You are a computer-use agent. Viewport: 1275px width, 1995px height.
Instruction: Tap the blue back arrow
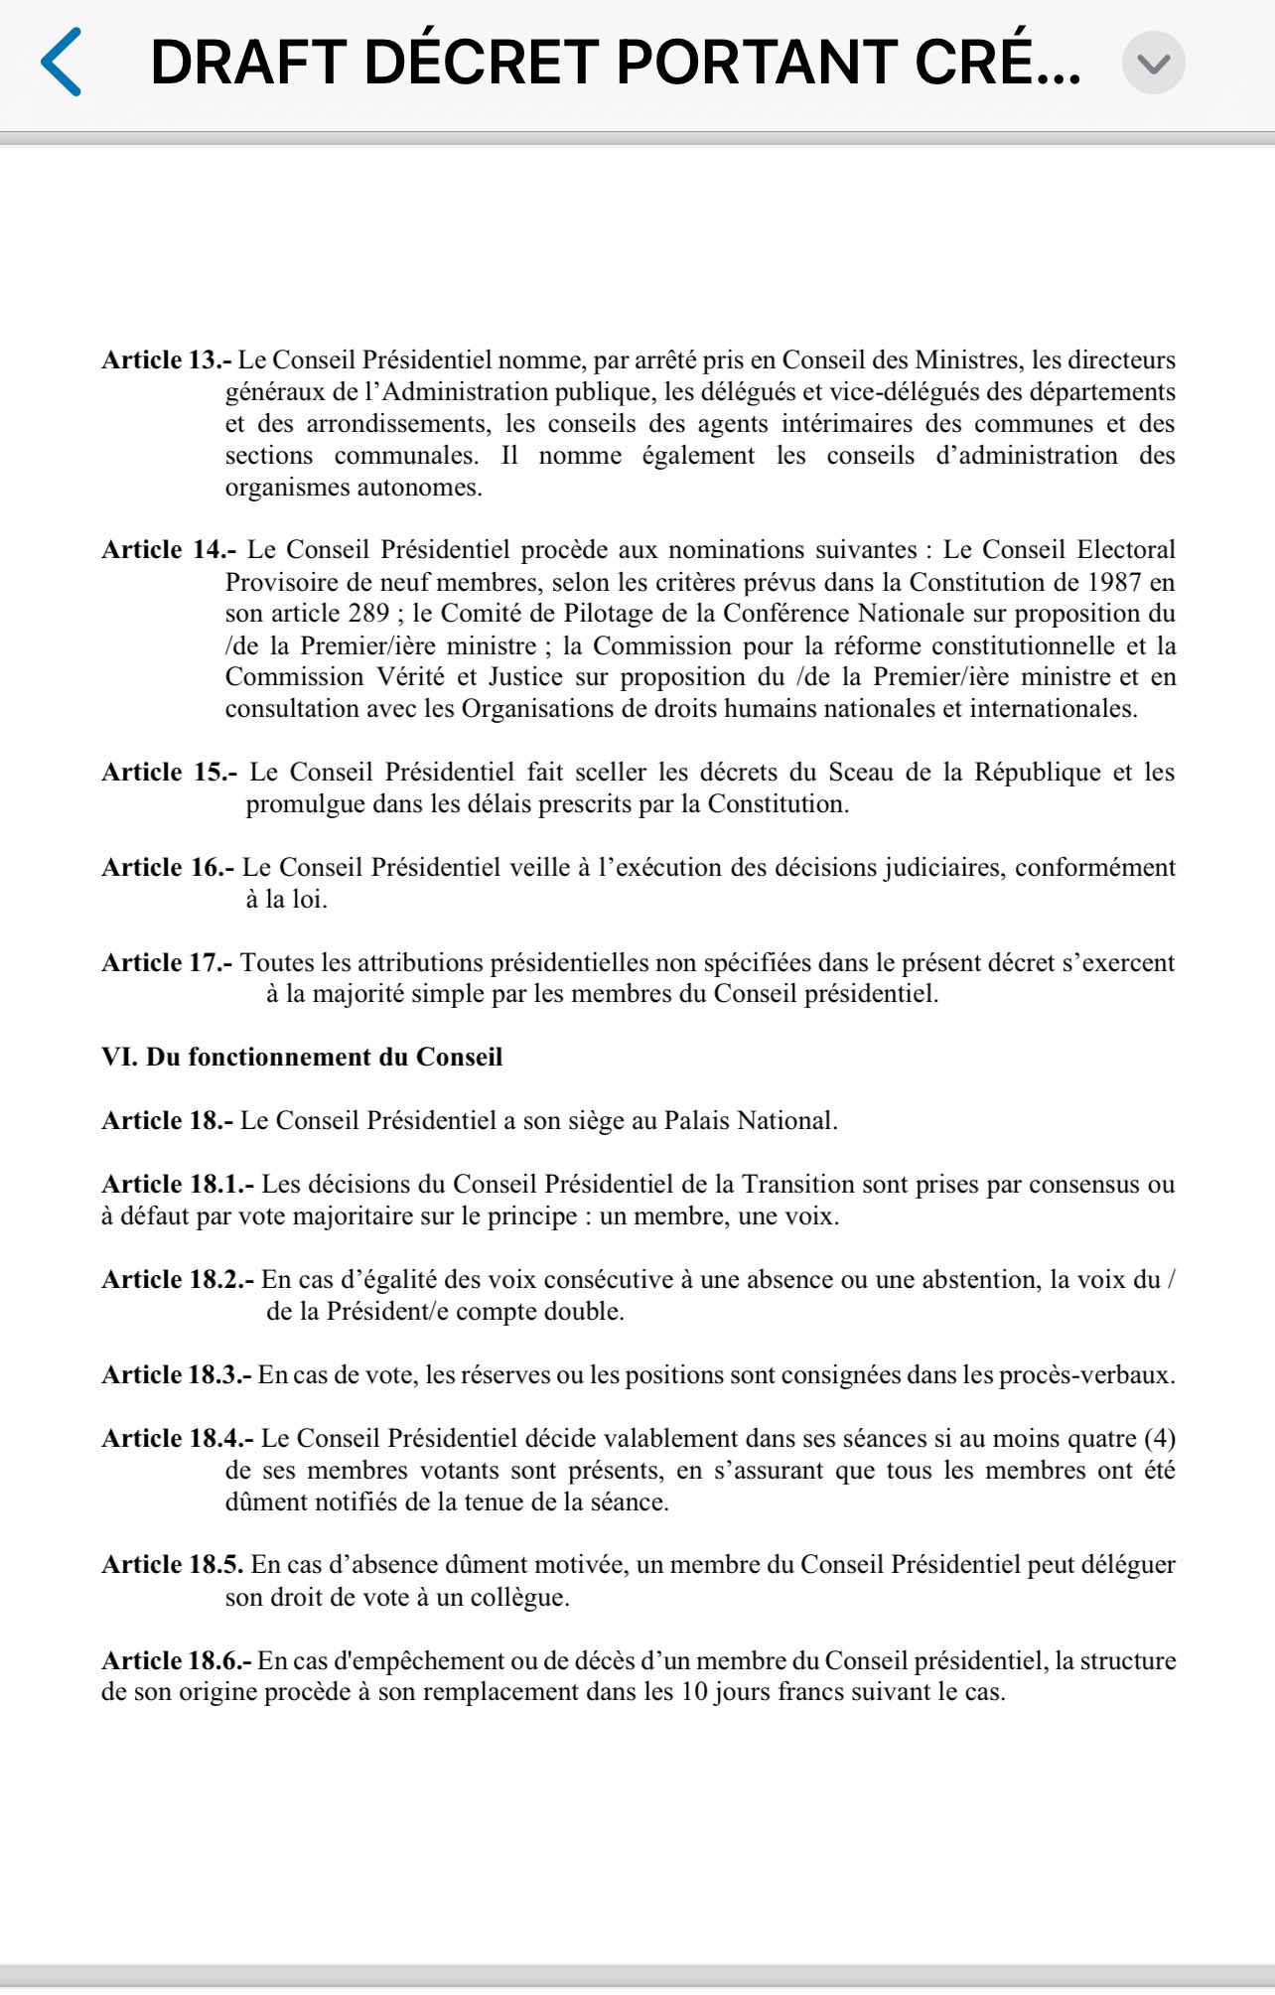(61, 62)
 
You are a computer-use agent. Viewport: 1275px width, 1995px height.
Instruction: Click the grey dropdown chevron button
(1153, 64)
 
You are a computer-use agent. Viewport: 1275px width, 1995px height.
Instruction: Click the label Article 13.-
(166, 359)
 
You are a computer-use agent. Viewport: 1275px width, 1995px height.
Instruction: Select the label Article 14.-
(169, 549)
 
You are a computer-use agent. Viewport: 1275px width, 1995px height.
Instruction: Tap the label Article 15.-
(169, 772)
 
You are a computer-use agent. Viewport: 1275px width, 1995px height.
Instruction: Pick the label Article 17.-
(167, 962)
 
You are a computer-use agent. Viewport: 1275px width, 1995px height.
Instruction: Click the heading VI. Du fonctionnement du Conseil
(302, 1057)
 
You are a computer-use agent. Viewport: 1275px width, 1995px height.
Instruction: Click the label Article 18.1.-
(178, 1184)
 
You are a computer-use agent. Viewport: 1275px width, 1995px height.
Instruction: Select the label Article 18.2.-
(178, 1279)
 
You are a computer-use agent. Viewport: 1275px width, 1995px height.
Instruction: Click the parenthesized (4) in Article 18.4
(1159, 1438)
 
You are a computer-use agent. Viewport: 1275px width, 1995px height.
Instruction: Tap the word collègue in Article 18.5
(516, 1597)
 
